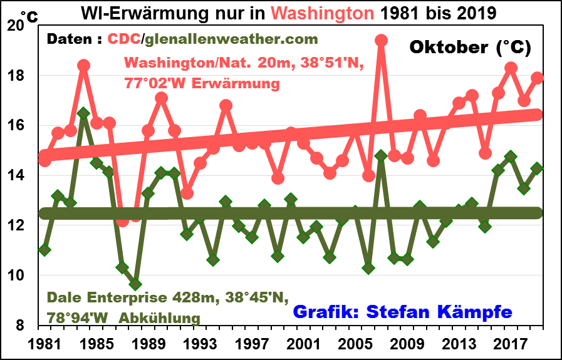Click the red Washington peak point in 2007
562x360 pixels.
coord(381,41)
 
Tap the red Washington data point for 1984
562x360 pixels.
coord(84,66)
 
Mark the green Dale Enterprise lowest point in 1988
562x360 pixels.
coord(135,284)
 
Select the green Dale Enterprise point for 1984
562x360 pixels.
coord(84,113)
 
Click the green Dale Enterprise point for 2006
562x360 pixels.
coord(368,268)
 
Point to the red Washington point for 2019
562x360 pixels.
coord(537,78)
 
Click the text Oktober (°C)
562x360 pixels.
coord(470,47)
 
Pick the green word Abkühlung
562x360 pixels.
coord(165,317)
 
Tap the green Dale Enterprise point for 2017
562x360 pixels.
coord(511,157)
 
